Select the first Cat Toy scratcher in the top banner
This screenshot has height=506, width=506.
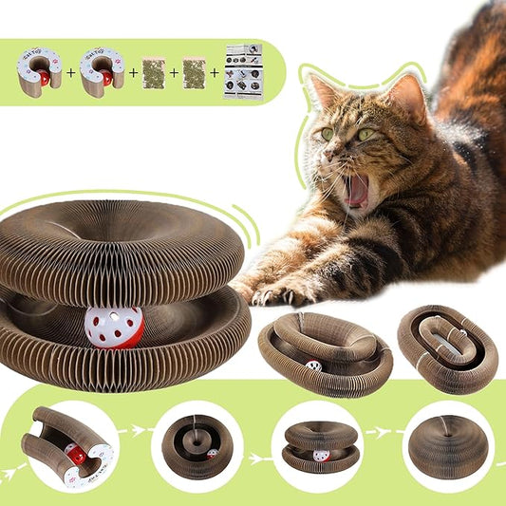point(39,72)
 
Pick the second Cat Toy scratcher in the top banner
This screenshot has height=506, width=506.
point(102,72)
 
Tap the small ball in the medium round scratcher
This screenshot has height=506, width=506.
point(313,365)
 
